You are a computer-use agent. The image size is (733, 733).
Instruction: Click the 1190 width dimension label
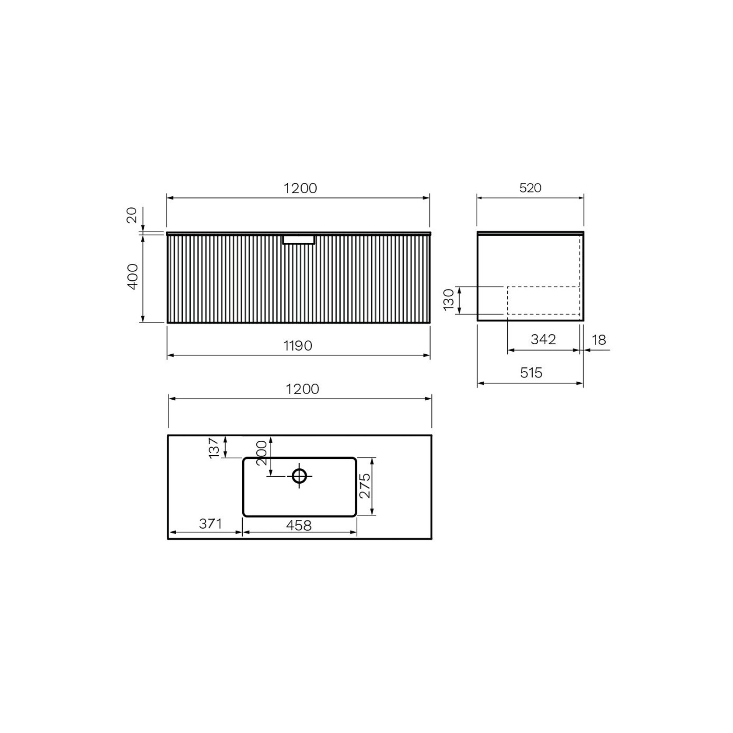point(298,346)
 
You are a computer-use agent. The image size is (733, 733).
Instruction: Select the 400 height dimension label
point(133,276)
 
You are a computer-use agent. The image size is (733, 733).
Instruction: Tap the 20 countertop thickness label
point(132,215)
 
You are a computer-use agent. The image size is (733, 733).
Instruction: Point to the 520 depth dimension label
point(530,188)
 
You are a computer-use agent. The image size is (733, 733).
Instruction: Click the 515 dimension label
point(531,373)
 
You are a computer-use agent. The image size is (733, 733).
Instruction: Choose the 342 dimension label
point(543,339)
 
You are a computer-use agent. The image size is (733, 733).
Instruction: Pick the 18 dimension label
point(599,340)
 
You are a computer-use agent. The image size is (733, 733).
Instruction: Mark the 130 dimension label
point(449,300)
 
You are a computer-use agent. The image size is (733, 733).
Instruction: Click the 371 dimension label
point(210,524)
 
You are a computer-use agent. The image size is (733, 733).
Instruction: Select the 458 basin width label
point(299,525)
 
